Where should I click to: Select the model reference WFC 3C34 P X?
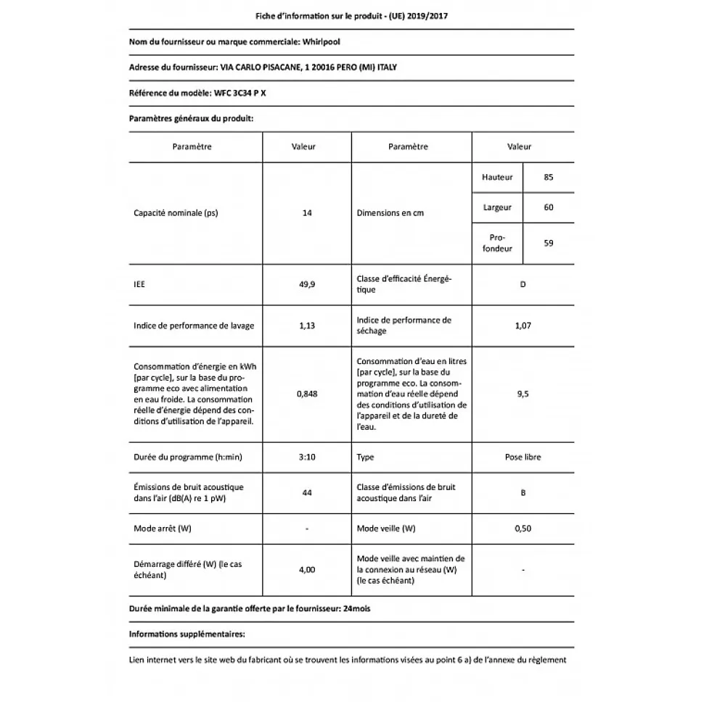pos(245,93)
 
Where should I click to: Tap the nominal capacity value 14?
pos(307,213)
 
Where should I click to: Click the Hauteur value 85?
pos(548,177)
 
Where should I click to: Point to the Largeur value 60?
pos(548,207)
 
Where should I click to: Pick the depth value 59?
pos(548,243)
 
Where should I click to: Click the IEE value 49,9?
pos(307,284)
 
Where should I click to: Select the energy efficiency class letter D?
pos(523,284)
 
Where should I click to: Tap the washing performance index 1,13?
pos(307,326)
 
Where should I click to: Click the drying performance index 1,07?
pos(523,326)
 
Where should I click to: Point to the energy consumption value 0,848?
pos(307,394)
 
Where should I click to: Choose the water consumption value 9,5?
pos(523,394)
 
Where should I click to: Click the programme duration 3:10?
pos(307,457)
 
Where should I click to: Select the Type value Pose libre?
pos(523,457)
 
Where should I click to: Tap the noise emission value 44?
pos(307,493)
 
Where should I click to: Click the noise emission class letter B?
pos(523,493)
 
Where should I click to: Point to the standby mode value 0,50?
pos(523,529)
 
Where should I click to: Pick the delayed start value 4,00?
pos(307,570)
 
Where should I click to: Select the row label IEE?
pos(139,284)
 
